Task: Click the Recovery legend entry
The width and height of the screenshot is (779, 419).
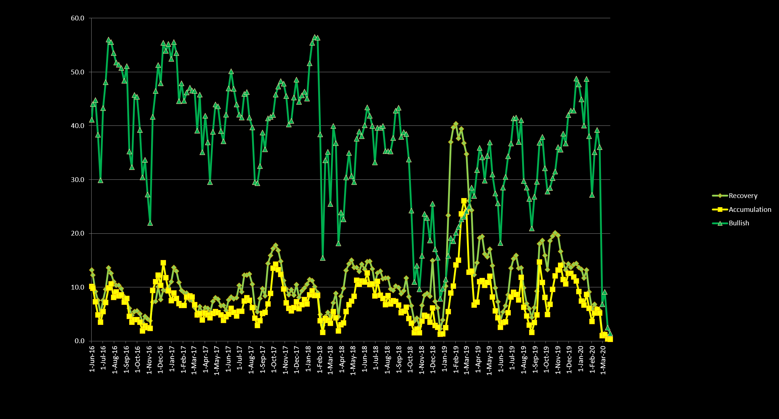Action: tap(743, 196)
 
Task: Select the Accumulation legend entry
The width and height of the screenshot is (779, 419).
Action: tap(749, 210)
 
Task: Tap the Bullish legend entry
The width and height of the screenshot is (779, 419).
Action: tap(738, 223)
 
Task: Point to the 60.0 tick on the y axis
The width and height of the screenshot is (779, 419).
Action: tap(77, 18)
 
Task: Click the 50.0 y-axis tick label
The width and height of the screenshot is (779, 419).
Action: tap(77, 72)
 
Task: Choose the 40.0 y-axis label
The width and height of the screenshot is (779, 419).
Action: tap(77, 126)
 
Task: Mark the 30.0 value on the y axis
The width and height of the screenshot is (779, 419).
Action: tap(77, 180)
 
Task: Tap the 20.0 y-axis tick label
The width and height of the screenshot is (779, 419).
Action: tap(77, 233)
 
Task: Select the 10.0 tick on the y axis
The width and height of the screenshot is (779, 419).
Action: tap(77, 287)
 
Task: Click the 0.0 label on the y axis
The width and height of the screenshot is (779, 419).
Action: tap(80, 341)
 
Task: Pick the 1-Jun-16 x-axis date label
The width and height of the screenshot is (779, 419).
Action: tap(92, 360)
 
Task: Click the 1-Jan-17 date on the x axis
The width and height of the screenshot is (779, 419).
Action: tap(171, 360)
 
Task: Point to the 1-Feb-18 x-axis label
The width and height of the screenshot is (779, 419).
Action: tap(319, 360)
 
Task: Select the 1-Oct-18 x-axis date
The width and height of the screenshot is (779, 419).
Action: tap(410, 360)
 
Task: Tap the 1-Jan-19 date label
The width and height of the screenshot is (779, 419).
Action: tap(444, 360)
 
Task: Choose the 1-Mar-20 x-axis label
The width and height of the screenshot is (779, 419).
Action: tap(603, 360)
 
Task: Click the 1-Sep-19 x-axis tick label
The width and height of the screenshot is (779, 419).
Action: tap(535, 360)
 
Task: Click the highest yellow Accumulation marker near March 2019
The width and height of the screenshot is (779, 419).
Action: tap(464, 201)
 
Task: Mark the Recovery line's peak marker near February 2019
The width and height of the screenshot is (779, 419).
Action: tap(456, 124)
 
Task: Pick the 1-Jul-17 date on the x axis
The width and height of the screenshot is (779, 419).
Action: tap(240, 360)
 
